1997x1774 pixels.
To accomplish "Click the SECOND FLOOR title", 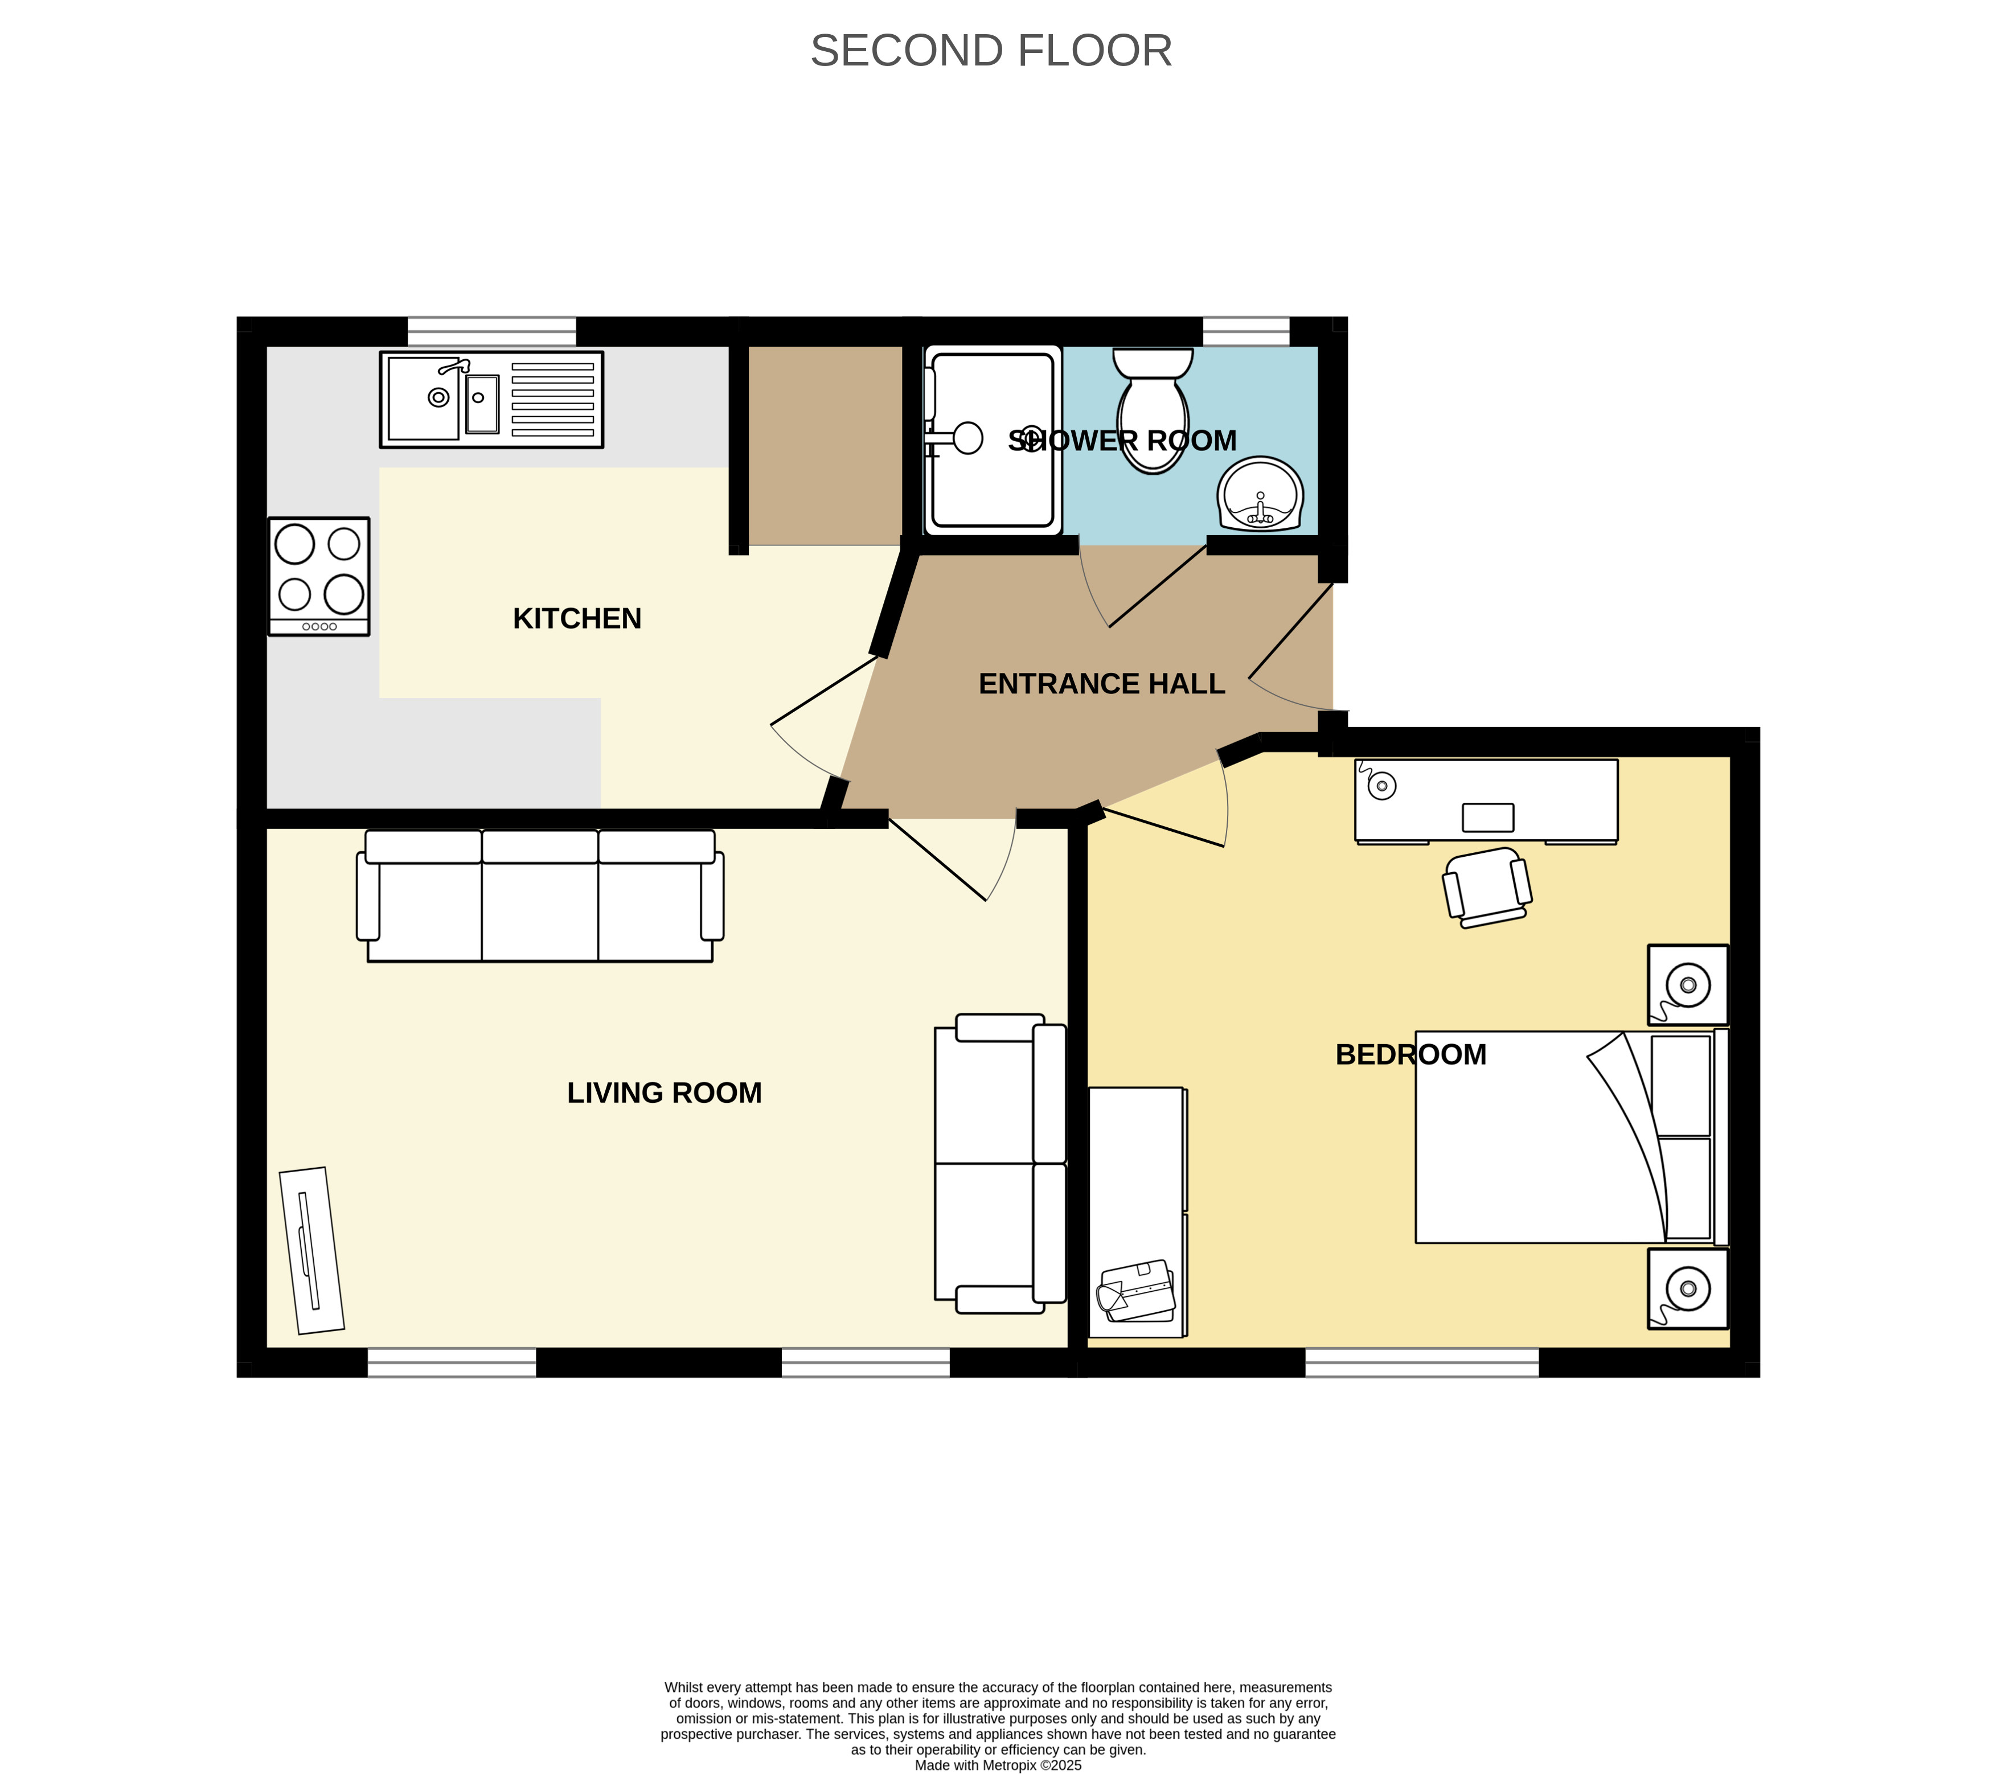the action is point(991,51).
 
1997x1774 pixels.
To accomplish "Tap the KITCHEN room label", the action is point(577,618).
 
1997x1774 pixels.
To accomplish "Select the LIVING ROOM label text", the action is point(665,1092).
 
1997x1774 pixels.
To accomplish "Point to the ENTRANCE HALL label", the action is point(1102,684).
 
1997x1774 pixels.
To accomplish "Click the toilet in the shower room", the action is point(1153,410).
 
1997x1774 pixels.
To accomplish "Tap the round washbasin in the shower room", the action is point(1260,494).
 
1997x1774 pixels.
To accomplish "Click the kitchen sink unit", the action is point(491,400).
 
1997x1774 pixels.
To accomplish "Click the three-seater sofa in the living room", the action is point(540,896).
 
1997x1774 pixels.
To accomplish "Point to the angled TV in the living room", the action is point(311,1250).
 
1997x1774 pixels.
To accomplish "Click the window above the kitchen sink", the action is point(491,331).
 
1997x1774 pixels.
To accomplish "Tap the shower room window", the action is point(1246,331).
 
